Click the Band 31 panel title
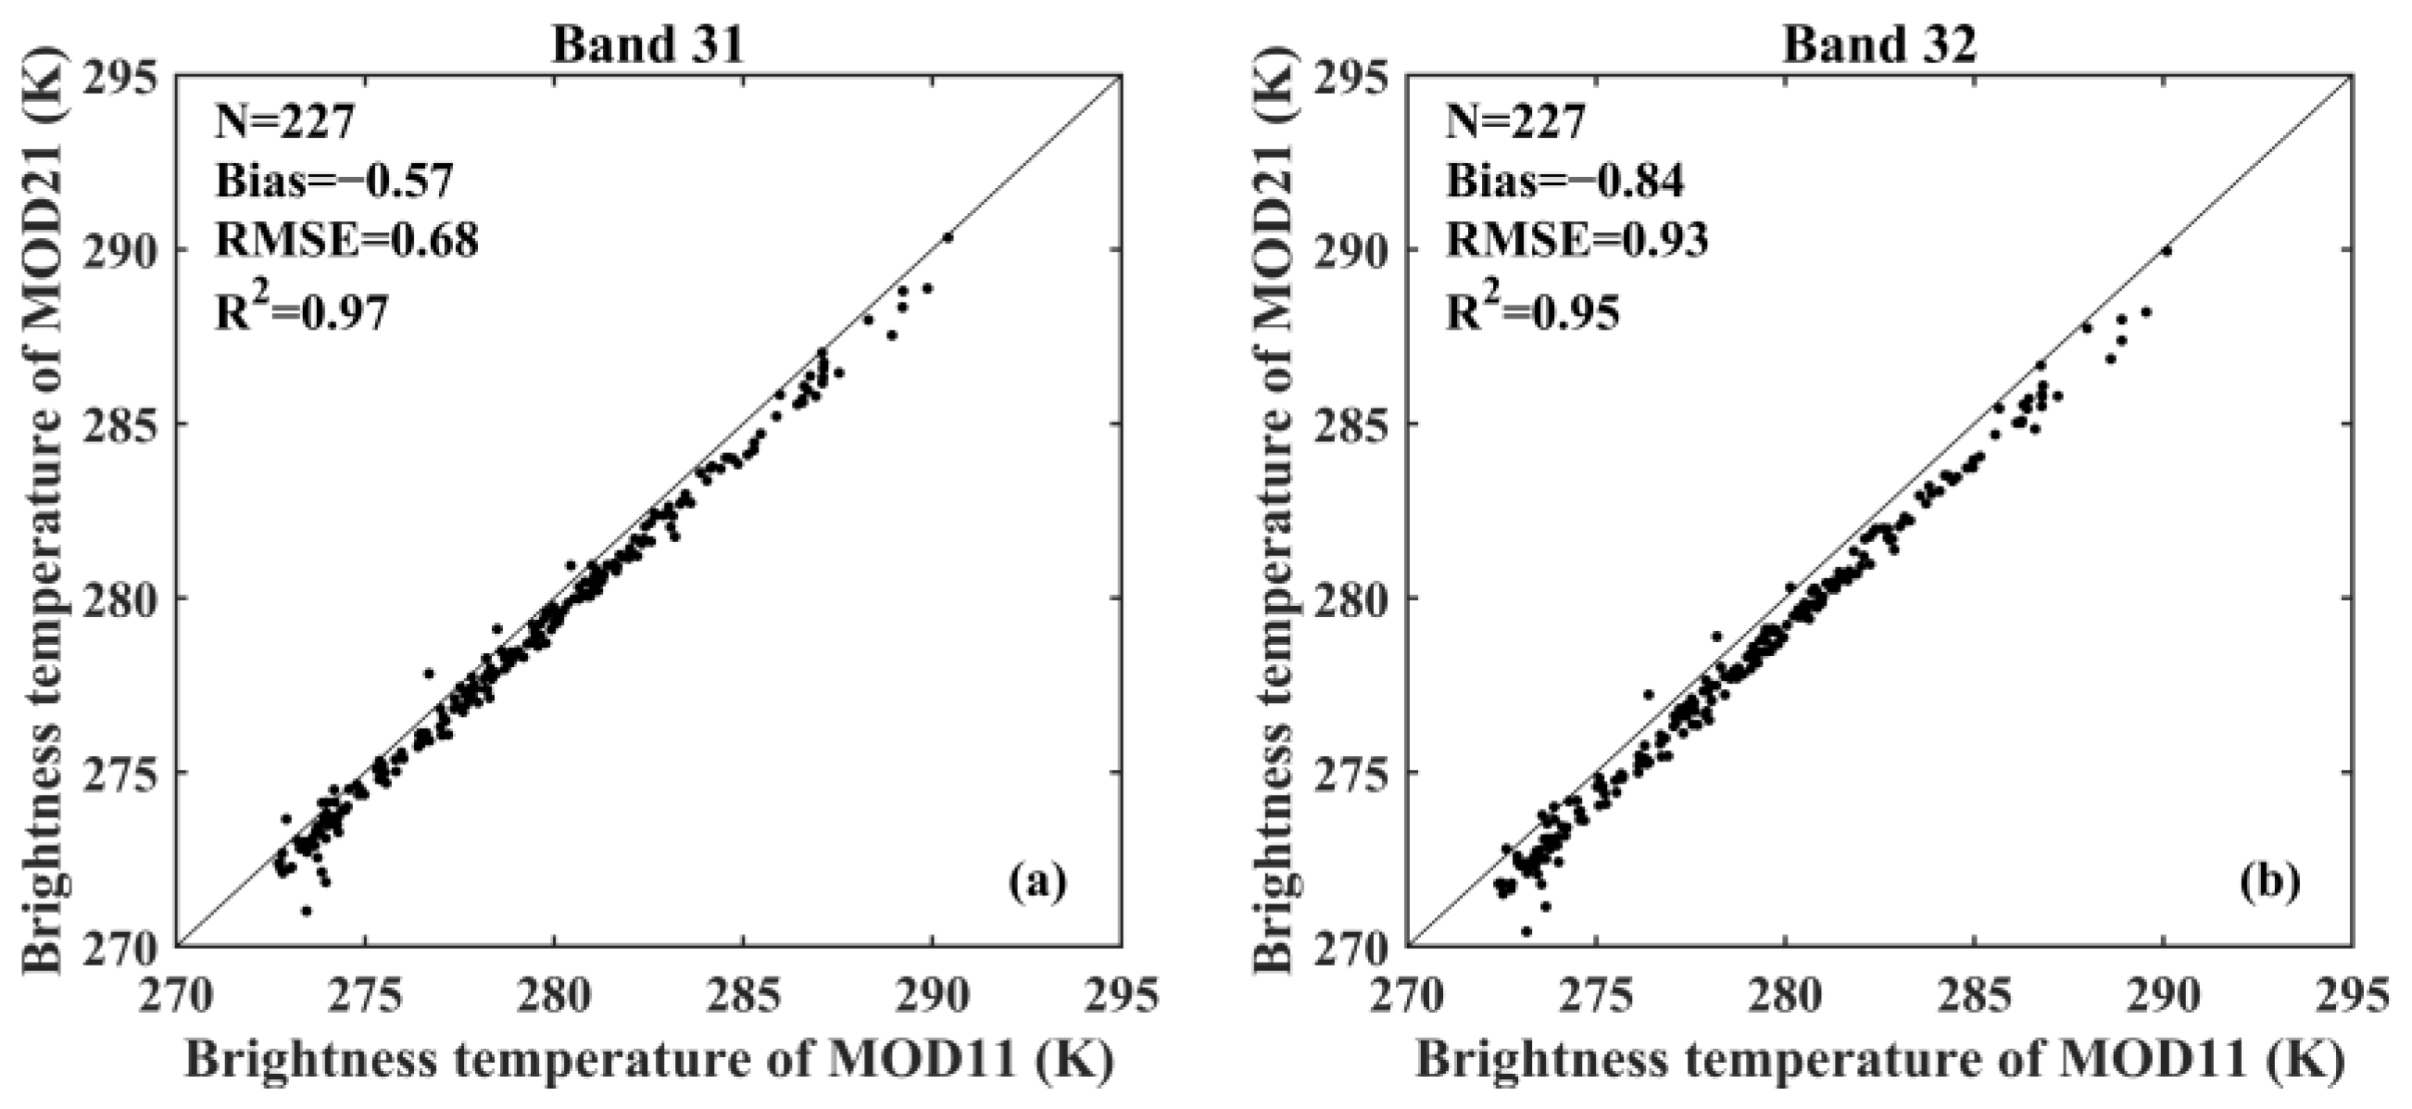pyautogui.click(x=648, y=44)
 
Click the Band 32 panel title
pyautogui.click(x=1879, y=44)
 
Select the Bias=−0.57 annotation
pyautogui.click(x=334, y=181)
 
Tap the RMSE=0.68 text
pyautogui.click(x=346, y=241)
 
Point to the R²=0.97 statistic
pyautogui.click(x=302, y=312)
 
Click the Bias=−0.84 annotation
pyautogui.click(x=1564, y=181)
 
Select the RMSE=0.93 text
pyautogui.click(x=1577, y=241)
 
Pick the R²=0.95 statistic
pyautogui.click(x=1532, y=312)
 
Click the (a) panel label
pyautogui.click(x=1037, y=883)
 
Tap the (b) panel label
pyautogui.click(x=2268, y=883)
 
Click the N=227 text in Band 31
pyautogui.click(x=284, y=121)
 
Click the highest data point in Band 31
pyautogui.click(x=948, y=238)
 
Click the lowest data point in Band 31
pyautogui.click(x=306, y=911)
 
